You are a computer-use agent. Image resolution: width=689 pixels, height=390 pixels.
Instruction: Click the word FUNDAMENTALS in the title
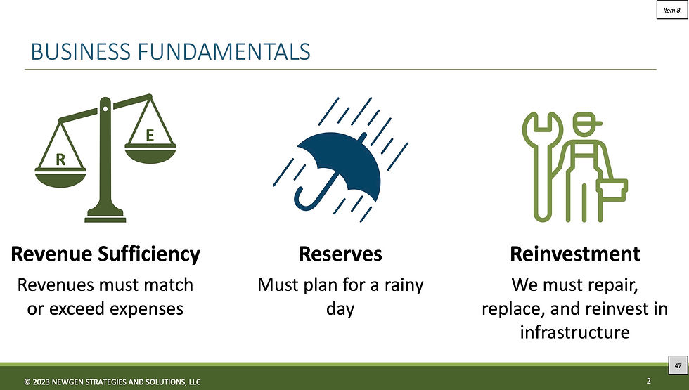(224, 51)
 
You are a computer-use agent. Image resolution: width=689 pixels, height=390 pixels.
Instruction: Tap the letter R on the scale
(60, 160)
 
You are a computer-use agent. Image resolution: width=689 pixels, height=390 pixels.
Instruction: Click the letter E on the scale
(150, 135)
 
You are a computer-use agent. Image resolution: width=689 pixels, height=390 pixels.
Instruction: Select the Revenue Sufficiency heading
(105, 254)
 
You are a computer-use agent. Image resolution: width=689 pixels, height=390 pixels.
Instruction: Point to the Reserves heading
(340, 254)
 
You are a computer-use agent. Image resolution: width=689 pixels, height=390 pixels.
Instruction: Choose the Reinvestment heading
(575, 254)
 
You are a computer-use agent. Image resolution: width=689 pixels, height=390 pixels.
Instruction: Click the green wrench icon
(542, 167)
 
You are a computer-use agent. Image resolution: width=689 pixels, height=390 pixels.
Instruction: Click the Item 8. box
(672, 10)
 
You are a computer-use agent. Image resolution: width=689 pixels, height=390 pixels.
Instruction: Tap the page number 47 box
(678, 365)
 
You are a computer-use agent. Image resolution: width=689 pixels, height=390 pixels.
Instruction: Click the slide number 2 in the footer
(648, 381)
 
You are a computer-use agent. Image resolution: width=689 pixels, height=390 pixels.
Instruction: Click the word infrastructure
(575, 332)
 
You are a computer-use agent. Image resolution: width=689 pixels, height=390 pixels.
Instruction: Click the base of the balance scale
(105, 216)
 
